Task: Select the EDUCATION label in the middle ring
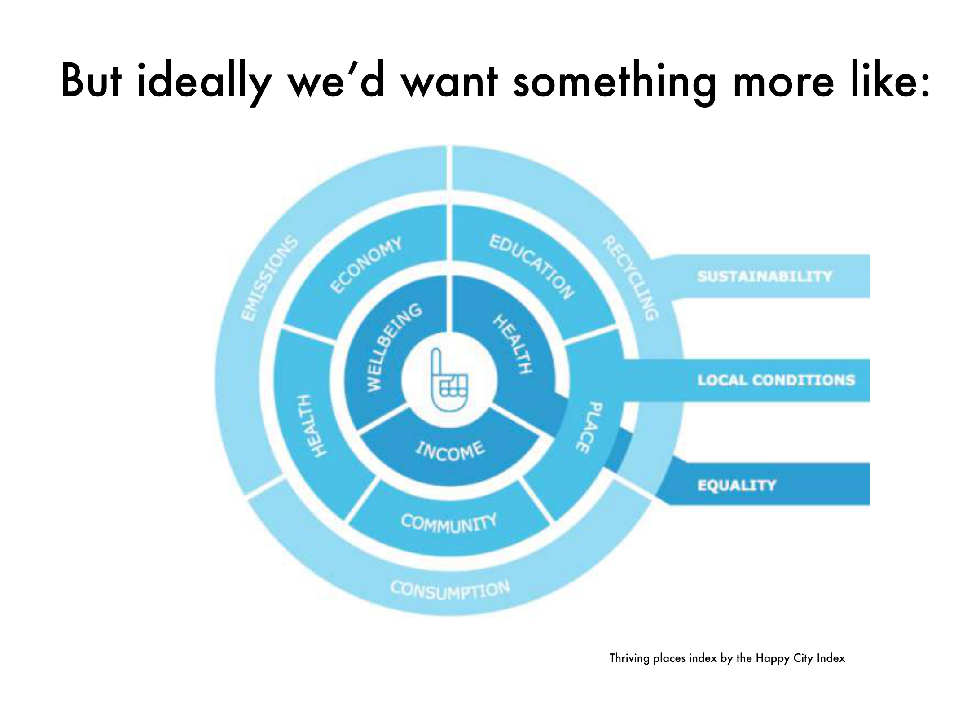[532, 266]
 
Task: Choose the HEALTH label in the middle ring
[311, 425]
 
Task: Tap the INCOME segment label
[450, 451]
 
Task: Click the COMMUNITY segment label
[449, 523]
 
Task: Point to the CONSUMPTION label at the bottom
[450, 590]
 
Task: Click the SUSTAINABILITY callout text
[765, 276]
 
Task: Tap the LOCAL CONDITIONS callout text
[776, 380]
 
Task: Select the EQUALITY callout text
[736, 485]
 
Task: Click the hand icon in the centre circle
[449, 380]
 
